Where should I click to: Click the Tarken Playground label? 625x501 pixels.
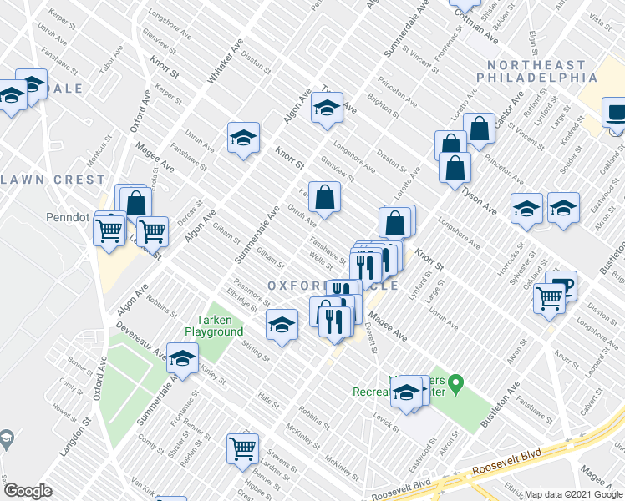[220, 326]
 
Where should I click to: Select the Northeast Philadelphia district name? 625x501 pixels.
[531, 71]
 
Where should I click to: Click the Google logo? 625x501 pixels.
[28, 491]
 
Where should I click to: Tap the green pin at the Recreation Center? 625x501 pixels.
[455, 385]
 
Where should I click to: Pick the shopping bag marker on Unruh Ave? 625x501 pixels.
[325, 198]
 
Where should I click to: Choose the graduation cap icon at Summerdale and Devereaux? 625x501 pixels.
[181, 358]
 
